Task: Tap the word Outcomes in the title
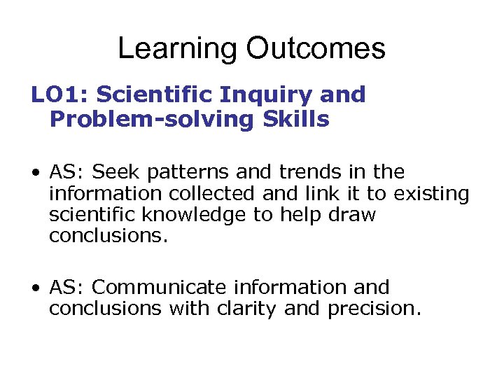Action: pos(315,49)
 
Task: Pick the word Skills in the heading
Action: pos(297,120)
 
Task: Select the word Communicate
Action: pos(160,287)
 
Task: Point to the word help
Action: pos(302,215)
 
